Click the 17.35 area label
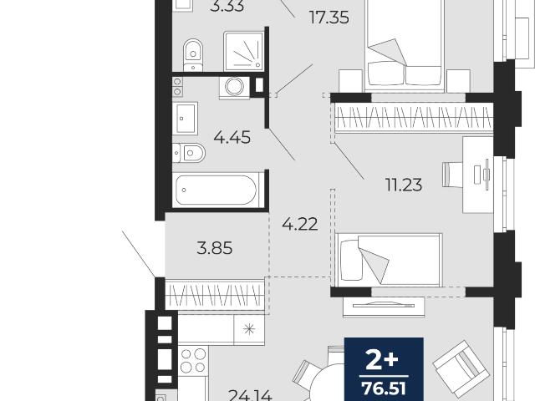click(x=329, y=18)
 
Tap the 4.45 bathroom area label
click(x=232, y=137)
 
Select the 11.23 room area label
click(x=404, y=185)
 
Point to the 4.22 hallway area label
click(x=300, y=224)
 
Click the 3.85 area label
click(x=215, y=248)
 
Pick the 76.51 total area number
click(x=385, y=388)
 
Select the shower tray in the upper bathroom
click(x=244, y=51)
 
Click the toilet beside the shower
click(x=193, y=55)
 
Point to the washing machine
click(x=234, y=87)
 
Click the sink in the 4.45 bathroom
click(x=186, y=118)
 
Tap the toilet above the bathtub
click(x=189, y=153)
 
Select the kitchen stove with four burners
click(x=193, y=361)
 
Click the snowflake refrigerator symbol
click(x=249, y=329)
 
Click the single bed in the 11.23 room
click(x=389, y=260)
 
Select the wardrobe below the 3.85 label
click(x=215, y=295)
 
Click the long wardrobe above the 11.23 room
click(x=414, y=117)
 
